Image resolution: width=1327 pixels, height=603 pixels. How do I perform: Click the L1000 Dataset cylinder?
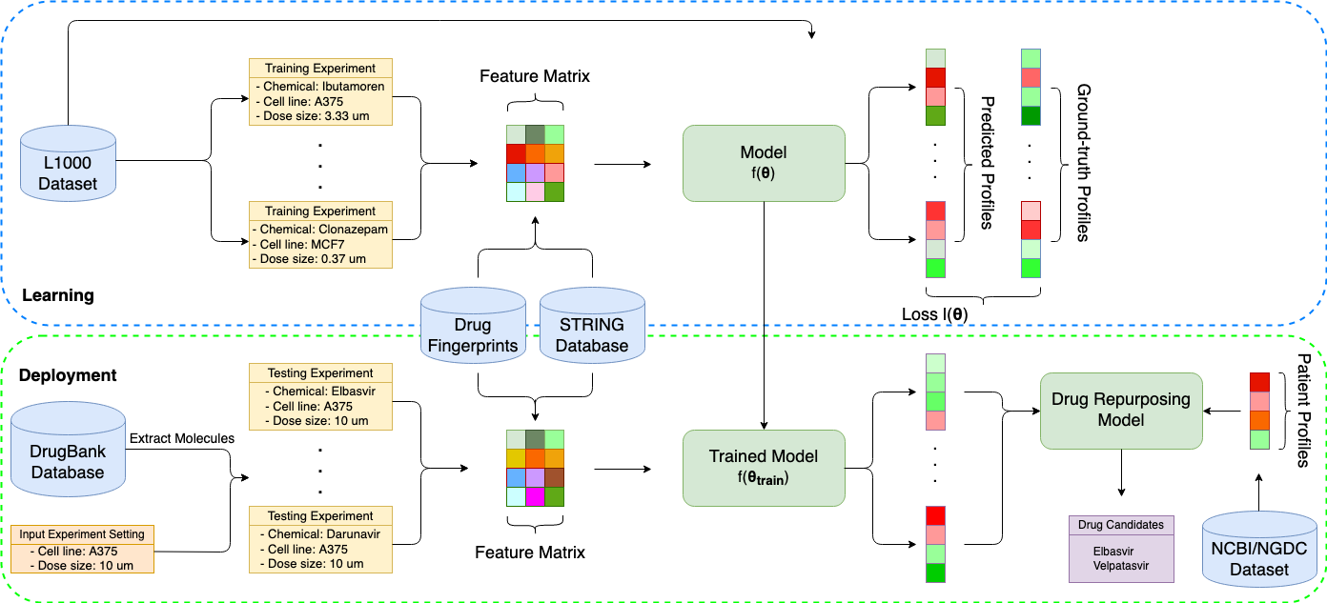(x=68, y=163)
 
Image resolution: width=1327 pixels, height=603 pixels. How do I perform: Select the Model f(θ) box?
(x=764, y=163)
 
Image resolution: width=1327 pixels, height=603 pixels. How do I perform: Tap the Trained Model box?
(x=764, y=468)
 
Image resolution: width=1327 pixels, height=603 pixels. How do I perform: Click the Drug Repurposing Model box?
(x=1121, y=411)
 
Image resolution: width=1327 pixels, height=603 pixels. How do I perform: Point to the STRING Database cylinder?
(x=592, y=325)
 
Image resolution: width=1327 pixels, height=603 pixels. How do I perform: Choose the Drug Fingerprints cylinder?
(x=474, y=325)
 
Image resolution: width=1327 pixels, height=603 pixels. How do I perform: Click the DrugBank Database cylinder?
(x=68, y=449)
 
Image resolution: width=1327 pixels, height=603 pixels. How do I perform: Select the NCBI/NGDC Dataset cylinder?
(x=1259, y=549)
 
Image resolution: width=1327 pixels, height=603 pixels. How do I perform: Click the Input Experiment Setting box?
(x=82, y=549)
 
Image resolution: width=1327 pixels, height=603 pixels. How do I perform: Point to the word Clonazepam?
(x=353, y=230)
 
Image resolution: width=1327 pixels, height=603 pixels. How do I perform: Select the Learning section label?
(x=58, y=295)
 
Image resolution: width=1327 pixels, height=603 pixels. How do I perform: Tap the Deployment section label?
(x=68, y=375)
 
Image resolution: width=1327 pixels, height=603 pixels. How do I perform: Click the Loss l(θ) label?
(x=935, y=314)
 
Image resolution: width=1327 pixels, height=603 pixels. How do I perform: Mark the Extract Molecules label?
(x=182, y=438)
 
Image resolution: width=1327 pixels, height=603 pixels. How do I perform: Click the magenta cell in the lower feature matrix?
(x=535, y=496)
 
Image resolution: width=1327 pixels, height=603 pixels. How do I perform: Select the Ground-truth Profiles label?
(x=1083, y=163)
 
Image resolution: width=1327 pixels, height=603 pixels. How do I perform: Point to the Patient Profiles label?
(x=1303, y=411)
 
